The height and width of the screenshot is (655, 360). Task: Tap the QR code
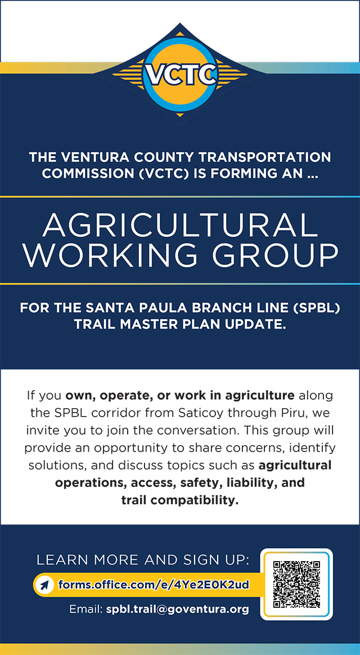(x=296, y=584)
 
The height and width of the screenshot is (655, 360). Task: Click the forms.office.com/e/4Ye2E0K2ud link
(x=154, y=584)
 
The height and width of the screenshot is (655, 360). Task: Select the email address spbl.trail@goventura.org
(x=177, y=609)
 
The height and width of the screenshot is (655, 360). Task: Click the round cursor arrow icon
(x=43, y=584)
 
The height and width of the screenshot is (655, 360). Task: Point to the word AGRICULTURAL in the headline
(x=180, y=225)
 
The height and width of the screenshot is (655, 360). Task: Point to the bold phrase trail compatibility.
(x=180, y=500)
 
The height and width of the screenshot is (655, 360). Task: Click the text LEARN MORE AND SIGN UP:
(x=143, y=560)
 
